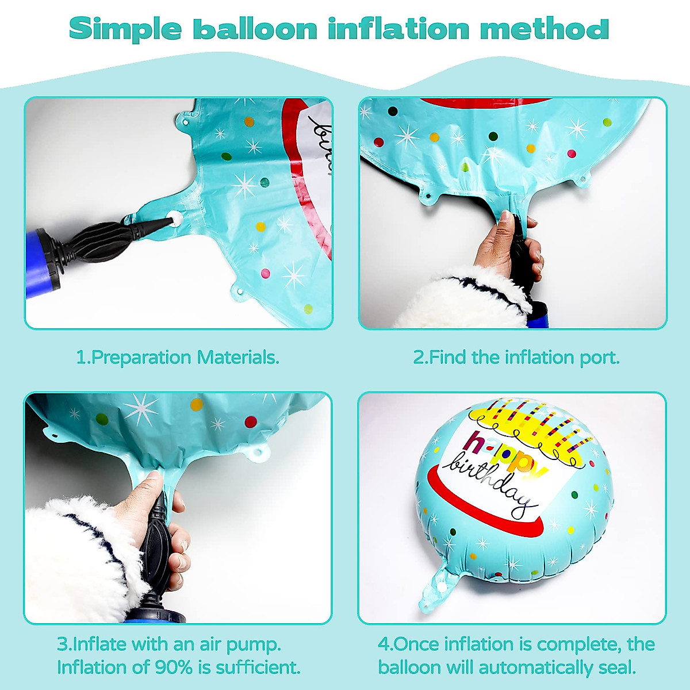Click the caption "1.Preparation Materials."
tap(178, 357)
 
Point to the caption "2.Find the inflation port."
tap(516, 357)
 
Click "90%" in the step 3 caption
tap(171, 668)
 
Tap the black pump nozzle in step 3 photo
tap(155, 546)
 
